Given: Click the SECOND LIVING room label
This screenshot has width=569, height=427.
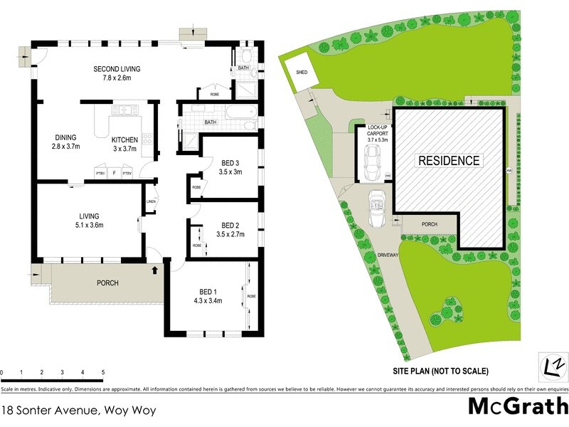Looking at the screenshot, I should pyautogui.click(x=117, y=69).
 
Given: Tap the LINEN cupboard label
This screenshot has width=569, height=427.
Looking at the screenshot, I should pyautogui.click(x=151, y=201).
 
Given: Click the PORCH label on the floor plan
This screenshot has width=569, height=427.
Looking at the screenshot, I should pyautogui.click(x=107, y=283).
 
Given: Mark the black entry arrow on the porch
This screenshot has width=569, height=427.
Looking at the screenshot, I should pyautogui.click(x=154, y=270).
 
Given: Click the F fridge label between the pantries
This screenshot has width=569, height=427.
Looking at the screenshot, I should pyautogui.click(x=113, y=173).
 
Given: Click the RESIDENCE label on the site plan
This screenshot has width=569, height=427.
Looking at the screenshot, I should pyautogui.click(x=448, y=161).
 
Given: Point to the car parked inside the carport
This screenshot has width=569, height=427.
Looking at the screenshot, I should pyautogui.click(x=371, y=167).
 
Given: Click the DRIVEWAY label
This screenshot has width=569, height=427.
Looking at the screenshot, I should pyautogui.click(x=388, y=253).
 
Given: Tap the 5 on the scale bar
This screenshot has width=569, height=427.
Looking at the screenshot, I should pyautogui.click(x=103, y=372).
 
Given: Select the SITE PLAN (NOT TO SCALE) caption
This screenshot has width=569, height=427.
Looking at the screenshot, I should pyautogui.click(x=440, y=371).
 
